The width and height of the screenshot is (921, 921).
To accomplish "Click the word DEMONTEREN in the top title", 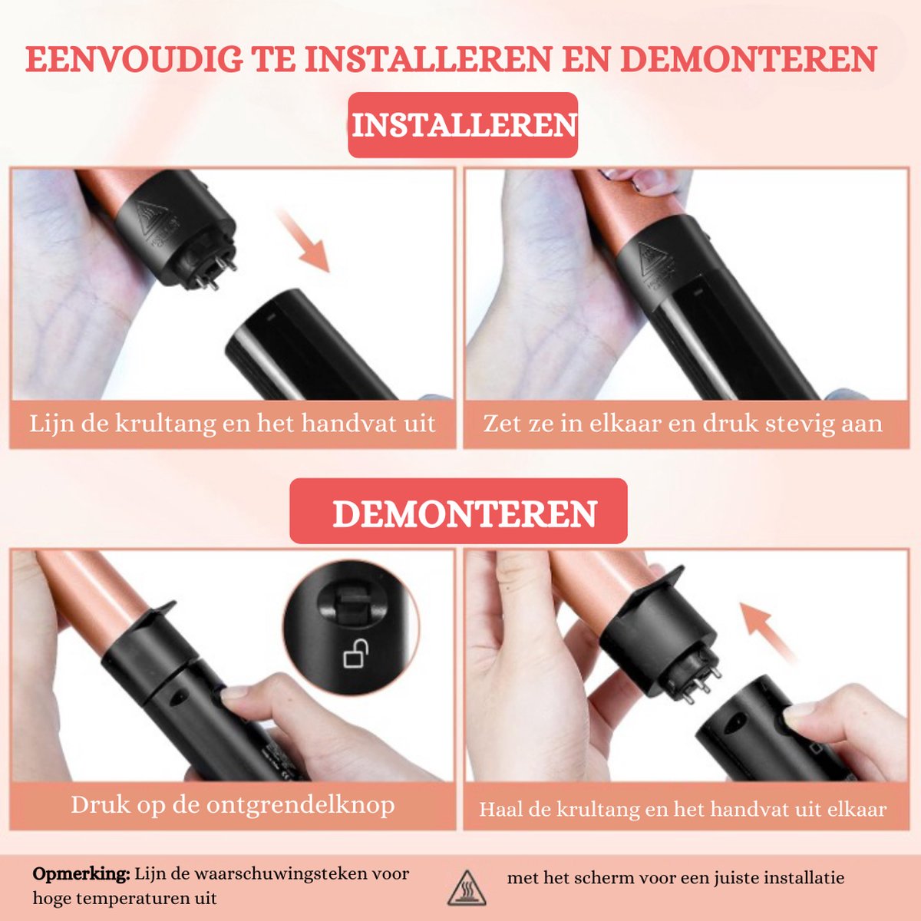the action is tap(749, 59).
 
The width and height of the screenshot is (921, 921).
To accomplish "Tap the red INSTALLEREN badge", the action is tap(463, 125).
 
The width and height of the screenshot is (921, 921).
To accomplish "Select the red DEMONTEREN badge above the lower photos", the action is tap(459, 511).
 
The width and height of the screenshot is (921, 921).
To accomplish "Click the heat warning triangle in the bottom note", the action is tap(467, 888).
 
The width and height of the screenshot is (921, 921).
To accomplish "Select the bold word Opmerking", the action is tap(81, 873).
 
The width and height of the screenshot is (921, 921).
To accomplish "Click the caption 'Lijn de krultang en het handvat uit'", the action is tap(233, 424).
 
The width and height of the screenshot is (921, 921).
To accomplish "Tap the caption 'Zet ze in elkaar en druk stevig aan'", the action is tap(682, 424).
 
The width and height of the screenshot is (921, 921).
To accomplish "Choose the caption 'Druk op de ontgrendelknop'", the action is tap(233, 805).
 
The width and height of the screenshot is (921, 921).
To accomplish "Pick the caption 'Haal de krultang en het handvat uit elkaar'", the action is tap(682, 809).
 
